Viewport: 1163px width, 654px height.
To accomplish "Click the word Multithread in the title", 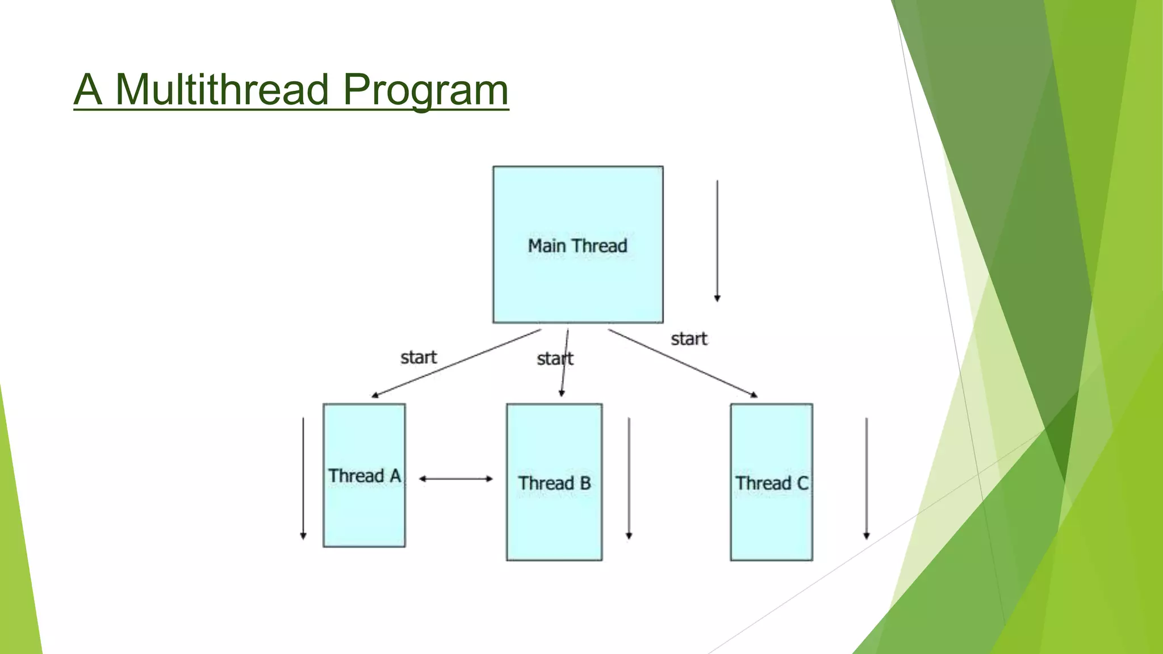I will point(221,90).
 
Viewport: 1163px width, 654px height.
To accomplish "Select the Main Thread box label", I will point(578,246).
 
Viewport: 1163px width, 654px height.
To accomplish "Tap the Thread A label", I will point(365,476).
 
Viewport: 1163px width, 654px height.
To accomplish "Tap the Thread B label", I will point(554,483).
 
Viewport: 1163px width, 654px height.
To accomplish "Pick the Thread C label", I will point(771,483).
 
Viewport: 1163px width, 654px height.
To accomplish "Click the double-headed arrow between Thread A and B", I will point(456,479).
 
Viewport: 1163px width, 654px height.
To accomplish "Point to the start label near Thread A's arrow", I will point(419,358).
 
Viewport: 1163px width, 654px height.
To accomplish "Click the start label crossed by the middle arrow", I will point(555,359).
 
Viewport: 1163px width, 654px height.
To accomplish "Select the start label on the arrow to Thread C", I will point(689,339).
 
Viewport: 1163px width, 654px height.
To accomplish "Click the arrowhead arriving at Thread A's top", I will point(375,395).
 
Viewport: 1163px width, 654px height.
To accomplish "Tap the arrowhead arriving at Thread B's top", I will point(562,393).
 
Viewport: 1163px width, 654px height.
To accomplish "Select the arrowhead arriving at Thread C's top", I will point(754,395).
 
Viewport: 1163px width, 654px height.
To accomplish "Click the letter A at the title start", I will point(88,90).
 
